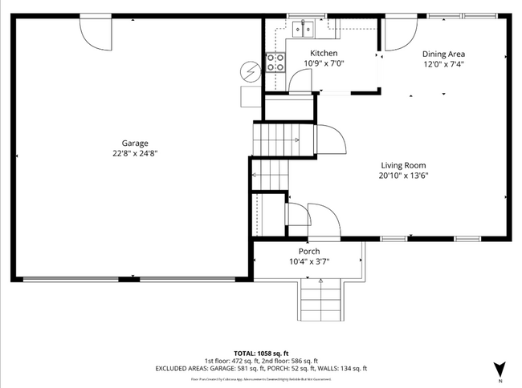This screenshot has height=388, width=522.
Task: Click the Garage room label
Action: click(134, 143)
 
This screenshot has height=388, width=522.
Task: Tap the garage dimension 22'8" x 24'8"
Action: click(134, 153)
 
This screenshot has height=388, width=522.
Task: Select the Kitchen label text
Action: click(324, 54)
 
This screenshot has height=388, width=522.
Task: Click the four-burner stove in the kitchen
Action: click(275, 63)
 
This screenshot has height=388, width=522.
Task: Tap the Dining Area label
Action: click(443, 55)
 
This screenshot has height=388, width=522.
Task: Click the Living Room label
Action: click(404, 166)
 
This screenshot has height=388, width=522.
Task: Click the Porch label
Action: click(309, 251)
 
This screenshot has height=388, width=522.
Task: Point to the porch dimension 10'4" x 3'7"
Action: click(309, 261)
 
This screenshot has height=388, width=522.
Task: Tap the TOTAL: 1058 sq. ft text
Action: click(260, 352)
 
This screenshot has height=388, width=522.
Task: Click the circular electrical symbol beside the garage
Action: click(251, 72)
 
